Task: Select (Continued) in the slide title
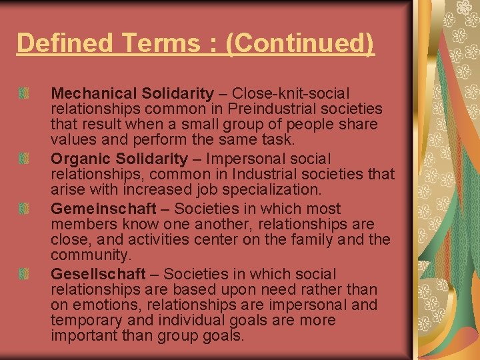coord(301,43)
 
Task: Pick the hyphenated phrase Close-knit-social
coord(293,93)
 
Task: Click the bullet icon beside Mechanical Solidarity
coord(23,93)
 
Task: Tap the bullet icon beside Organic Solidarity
coord(23,159)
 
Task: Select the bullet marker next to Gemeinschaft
coord(23,209)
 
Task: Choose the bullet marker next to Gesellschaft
coord(23,273)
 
